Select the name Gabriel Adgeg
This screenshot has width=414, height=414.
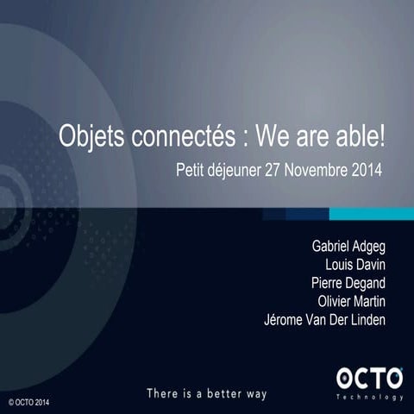point(348,248)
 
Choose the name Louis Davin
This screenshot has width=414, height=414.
point(355,266)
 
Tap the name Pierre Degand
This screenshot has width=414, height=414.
point(348,284)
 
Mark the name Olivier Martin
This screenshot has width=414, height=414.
point(351,302)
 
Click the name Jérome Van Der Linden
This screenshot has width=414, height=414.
point(324,320)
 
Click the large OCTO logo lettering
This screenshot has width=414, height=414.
point(368,377)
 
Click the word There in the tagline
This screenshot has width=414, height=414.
point(163,393)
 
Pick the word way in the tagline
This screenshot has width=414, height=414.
point(254,393)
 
